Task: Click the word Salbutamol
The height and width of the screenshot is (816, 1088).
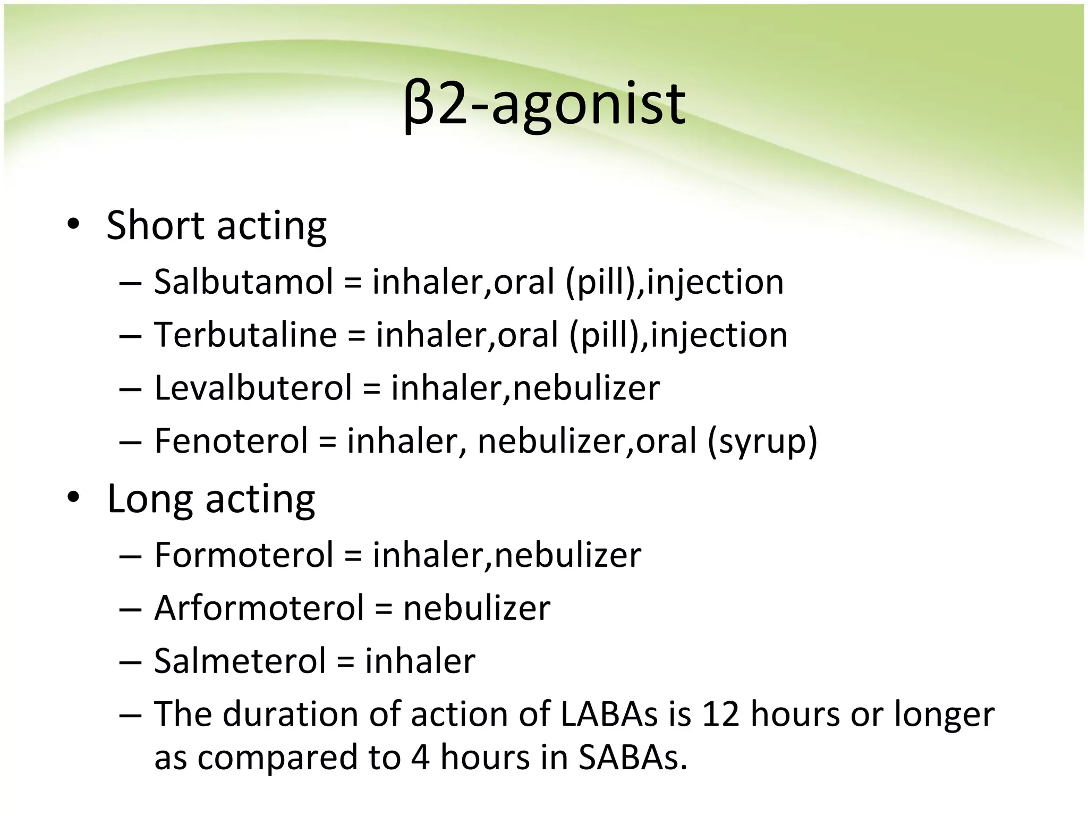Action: (x=243, y=282)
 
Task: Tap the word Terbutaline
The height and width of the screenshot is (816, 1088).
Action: (x=245, y=335)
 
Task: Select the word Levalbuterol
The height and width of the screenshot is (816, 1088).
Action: (x=253, y=388)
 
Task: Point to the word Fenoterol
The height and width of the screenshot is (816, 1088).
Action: (x=231, y=441)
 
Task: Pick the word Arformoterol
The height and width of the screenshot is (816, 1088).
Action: (x=259, y=608)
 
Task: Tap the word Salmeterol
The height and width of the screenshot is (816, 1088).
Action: (x=240, y=661)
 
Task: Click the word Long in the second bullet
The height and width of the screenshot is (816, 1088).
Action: (x=150, y=499)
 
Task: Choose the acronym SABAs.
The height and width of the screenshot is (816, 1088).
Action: (x=632, y=758)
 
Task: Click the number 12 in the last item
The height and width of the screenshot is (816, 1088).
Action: (x=720, y=714)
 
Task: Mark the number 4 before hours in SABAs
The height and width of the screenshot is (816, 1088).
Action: (x=420, y=758)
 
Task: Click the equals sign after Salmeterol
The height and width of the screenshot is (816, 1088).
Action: (x=345, y=662)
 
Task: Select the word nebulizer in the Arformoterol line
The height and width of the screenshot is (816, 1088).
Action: (x=477, y=608)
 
